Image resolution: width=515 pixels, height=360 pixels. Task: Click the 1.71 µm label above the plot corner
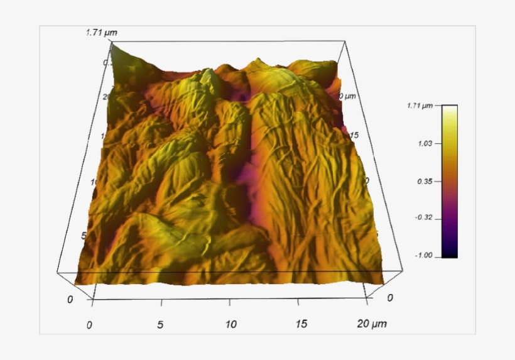[102, 32]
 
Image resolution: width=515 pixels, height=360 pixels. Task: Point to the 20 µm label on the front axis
[372, 324]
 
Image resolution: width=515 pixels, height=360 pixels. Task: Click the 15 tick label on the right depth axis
[354, 135]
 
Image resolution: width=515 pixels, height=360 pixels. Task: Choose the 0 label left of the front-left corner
[70, 299]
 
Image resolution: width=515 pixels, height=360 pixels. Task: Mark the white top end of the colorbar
[450, 108]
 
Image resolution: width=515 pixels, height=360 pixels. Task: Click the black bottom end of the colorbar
[450, 254]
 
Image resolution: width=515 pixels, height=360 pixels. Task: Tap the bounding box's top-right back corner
[345, 42]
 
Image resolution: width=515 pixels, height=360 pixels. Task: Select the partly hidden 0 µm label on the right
[347, 96]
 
